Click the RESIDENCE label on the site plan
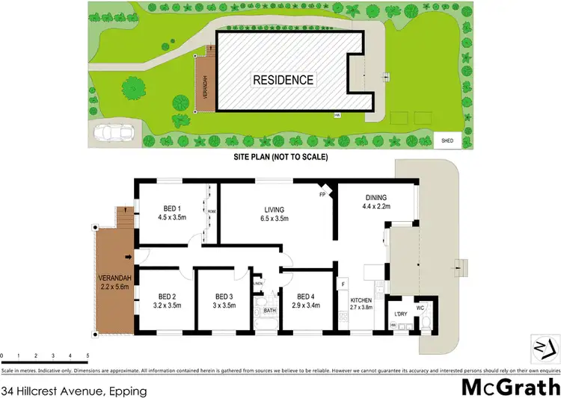point(283,80)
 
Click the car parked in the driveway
point(114,134)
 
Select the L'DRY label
point(400,314)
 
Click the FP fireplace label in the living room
point(322,196)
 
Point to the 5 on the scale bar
point(88,355)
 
